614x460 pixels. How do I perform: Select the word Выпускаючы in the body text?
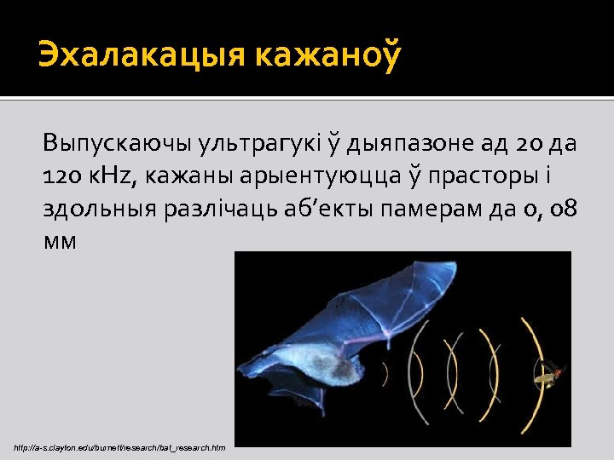119,142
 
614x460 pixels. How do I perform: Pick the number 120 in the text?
62,175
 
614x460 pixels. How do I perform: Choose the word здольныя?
101,209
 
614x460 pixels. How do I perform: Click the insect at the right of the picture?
549,372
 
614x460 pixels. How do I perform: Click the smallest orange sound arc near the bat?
385,372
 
